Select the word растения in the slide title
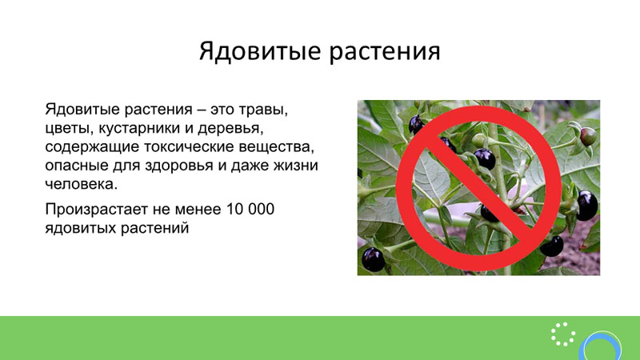[x=385, y=52]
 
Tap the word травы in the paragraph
[x=263, y=110]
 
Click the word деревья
[x=230, y=129]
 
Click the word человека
[x=82, y=185]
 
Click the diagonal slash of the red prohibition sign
[x=478, y=188]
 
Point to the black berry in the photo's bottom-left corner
[x=373, y=259]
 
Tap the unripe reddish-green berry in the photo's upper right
[x=588, y=136]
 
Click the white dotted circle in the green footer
[x=563, y=334]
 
